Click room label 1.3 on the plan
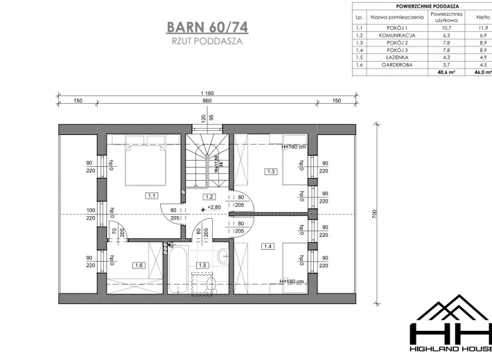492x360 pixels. tap(272, 171)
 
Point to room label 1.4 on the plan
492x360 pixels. tap(267, 246)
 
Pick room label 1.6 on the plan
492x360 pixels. tap(138, 264)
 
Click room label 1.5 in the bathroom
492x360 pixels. tap(203, 264)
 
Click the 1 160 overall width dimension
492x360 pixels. tap(207, 93)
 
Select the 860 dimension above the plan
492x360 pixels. tap(207, 101)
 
